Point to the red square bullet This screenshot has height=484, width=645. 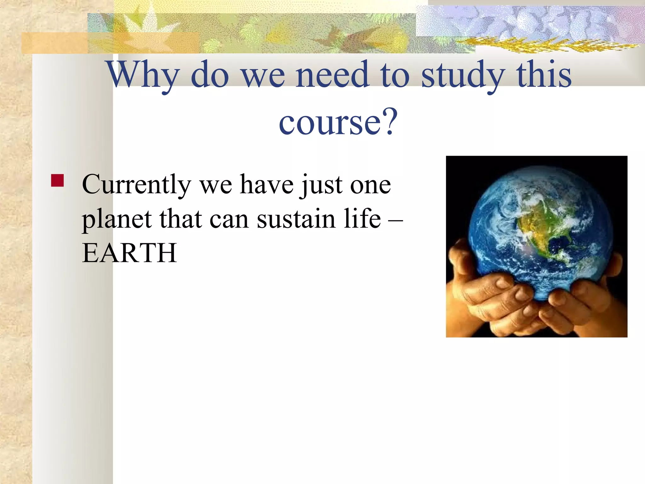point(57,181)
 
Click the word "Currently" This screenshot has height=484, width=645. point(136,185)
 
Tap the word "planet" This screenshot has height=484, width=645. point(117,219)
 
